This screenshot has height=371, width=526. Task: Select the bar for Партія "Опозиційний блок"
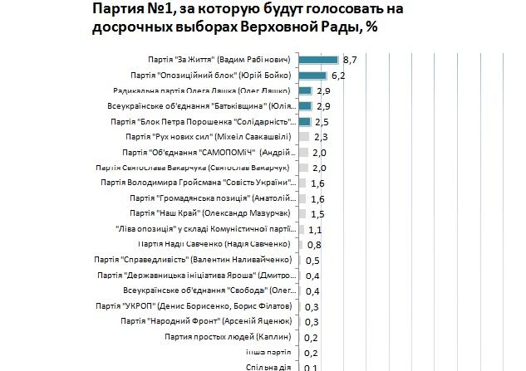[x=312, y=76]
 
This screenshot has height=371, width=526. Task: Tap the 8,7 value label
[x=349, y=60]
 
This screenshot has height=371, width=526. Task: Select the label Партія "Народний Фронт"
[x=219, y=320]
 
